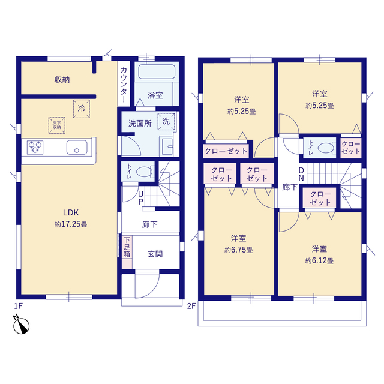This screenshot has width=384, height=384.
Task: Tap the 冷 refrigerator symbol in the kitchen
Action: pos(82,109)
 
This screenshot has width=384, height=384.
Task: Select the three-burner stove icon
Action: pos(35,147)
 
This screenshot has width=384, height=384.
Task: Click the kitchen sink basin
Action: pos(77,147)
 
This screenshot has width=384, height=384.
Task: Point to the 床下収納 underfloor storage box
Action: pos(57,125)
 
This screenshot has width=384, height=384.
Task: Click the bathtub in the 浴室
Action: pos(157,71)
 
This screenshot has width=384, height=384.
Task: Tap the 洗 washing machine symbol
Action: pos(166,121)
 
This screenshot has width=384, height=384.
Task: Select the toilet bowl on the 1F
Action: pos(145,172)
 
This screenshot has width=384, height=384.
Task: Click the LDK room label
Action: pos(71,212)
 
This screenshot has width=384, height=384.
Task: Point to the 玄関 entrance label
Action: pos(155,254)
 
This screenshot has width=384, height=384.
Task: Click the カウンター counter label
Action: pos(124,85)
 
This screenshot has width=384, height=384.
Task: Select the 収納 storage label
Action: pos(62,80)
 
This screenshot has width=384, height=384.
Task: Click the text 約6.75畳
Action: pos(239,250)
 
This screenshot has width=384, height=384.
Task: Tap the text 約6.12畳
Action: pos(319,261)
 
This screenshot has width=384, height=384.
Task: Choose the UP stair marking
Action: pos(141,197)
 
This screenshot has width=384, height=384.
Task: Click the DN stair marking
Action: pos(301,175)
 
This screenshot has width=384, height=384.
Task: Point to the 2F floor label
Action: pos(191,306)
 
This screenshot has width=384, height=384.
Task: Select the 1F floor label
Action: pos(19,306)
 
